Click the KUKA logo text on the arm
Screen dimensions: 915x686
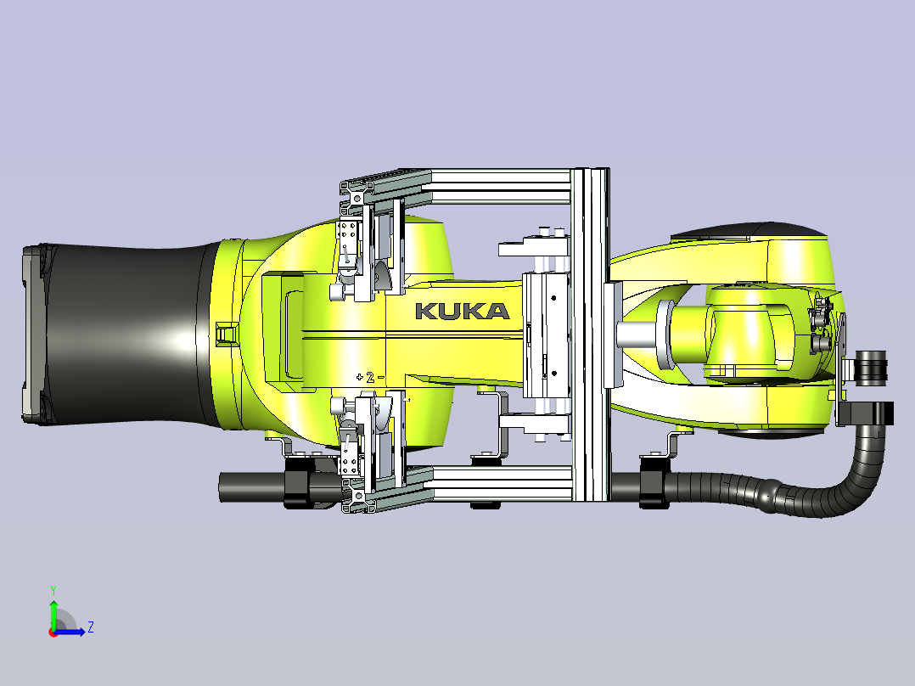click(462, 311)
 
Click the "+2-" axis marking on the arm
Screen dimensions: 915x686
click(370, 377)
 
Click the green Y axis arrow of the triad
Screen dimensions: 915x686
click(53, 614)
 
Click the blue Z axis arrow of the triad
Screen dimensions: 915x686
click(70, 631)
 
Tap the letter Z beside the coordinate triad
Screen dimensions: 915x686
click(91, 627)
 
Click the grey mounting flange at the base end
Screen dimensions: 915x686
click(34, 335)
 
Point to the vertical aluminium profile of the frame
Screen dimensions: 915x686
click(591, 334)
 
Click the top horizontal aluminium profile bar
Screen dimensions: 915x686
click(501, 186)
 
